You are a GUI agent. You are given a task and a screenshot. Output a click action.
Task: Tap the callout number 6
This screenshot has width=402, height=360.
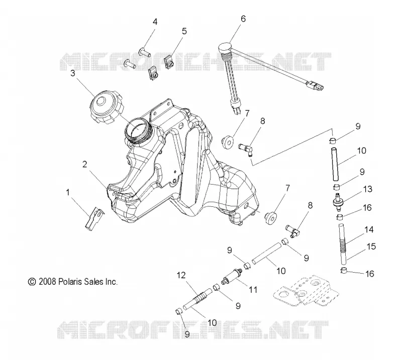(x=243, y=19)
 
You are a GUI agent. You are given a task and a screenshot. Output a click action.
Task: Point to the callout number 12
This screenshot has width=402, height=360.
(x=181, y=275)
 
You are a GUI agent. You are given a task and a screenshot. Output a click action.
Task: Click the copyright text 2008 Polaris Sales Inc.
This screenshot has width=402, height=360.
(x=72, y=282)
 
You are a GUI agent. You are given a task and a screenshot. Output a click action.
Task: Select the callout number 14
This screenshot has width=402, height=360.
(x=369, y=229)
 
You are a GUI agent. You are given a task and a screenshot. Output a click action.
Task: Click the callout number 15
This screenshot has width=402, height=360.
(x=371, y=247)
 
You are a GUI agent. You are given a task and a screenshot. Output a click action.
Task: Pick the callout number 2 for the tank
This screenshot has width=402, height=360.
(x=85, y=164)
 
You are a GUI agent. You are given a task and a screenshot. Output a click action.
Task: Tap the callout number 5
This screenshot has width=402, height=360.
(x=184, y=31)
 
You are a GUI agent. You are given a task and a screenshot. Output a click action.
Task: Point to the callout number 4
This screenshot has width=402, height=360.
(x=155, y=22)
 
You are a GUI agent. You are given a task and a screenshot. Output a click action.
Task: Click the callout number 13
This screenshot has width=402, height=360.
(x=368, y=189)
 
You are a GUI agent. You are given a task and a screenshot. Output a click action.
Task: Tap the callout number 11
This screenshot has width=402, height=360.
(x=253, y=290)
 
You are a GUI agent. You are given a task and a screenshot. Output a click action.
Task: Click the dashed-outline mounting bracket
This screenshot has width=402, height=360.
(x=305, y=291)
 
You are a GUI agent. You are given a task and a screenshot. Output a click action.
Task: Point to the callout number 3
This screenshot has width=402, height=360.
(x=73, y=73)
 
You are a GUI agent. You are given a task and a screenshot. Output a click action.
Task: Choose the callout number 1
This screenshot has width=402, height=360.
(x=68, y=192)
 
